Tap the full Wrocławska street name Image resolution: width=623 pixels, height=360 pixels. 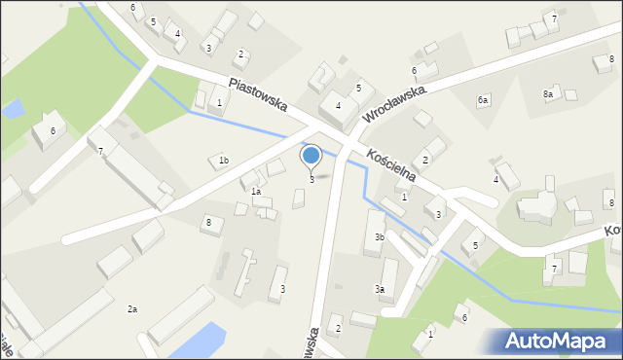(396, 103)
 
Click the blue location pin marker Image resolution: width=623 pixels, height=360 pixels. (311, 156)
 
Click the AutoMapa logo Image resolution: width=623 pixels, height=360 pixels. (560, 342)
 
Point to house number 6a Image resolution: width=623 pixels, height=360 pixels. (482, 100)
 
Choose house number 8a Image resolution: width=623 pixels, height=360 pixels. (548, 94)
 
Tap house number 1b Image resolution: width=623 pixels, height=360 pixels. (223, 161)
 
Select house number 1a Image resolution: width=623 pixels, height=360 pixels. (256, 192)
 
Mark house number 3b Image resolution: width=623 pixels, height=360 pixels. (380, 237)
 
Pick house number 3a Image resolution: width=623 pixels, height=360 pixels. (381, 289)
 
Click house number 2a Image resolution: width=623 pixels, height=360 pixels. (132, 309)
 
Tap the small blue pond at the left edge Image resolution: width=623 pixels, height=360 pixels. (12, 108)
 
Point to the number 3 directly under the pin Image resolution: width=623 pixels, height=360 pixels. (311, 179)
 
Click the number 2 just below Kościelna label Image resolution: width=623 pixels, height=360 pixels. (425, 160)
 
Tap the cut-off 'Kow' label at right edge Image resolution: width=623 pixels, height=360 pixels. (612, 232)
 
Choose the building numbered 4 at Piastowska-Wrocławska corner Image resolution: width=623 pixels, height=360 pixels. (337, 107)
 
